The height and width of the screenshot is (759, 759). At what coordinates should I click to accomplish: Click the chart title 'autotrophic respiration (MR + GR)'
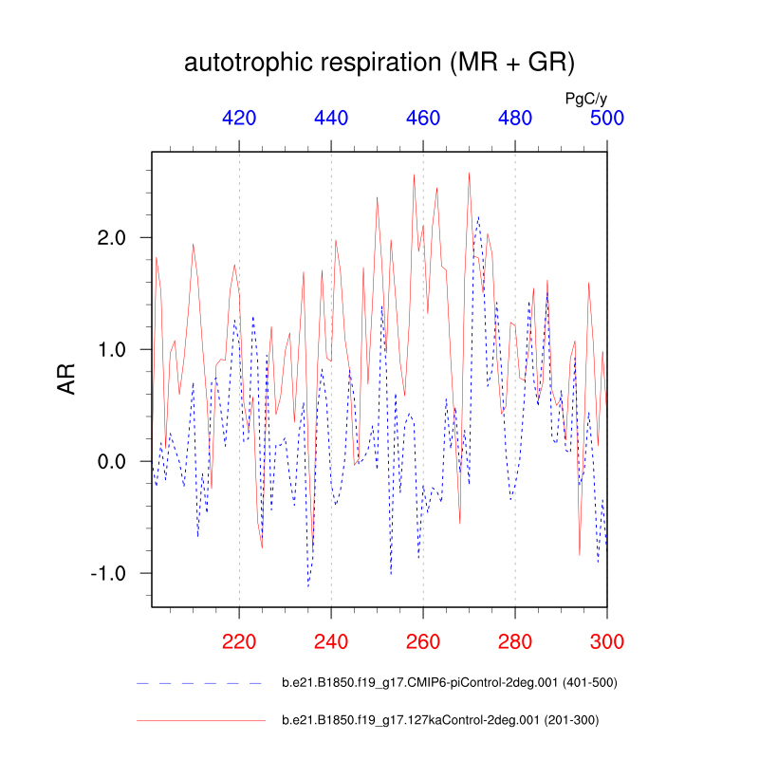pos(379,64)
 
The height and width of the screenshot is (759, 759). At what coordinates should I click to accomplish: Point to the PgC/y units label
pos(585,98)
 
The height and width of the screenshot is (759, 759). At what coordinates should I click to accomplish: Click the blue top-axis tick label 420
pos(239,119)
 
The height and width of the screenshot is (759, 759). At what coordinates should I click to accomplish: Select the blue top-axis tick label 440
pos(331,119)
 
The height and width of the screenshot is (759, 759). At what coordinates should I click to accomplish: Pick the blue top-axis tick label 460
pos(423,119)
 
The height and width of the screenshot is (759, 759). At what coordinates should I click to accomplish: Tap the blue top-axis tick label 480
pos(515,119)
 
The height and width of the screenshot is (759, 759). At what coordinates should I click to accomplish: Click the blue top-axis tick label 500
pos(607,119)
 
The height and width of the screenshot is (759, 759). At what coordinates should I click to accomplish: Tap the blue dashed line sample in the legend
pos(199,683)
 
